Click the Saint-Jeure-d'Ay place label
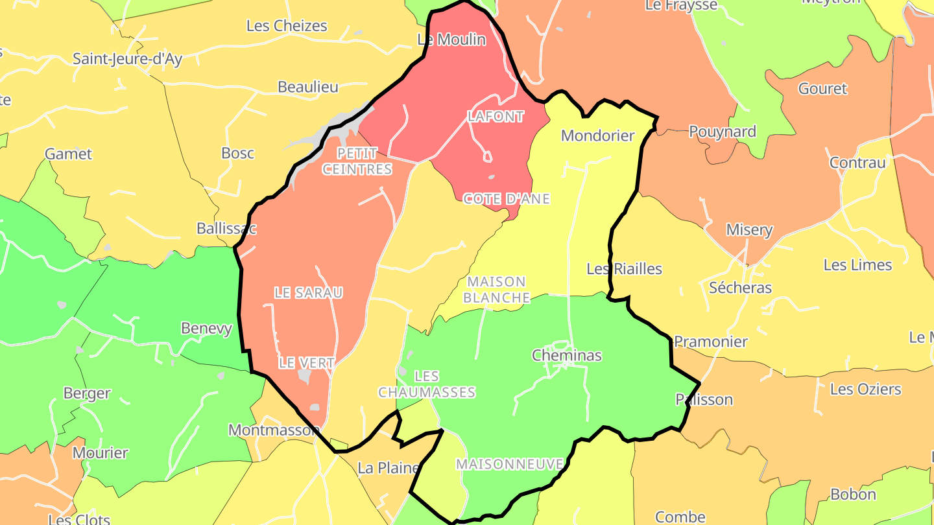point(127,59)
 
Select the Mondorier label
point(597,136)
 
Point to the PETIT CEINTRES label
point(357,161)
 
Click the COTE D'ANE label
point(507,199)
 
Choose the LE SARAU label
point(308,293)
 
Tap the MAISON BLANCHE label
point(497,290)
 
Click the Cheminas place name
point(566,355)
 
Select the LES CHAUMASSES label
point(427,384)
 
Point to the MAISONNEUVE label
point(510,464)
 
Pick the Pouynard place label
point(722,132)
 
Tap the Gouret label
point(822,89)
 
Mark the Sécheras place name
point(740,288)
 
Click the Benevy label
point(206,329)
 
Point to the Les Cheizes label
point(287,26)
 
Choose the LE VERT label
point(306,364)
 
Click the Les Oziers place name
point(865,390)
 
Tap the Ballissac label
point(226,229)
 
